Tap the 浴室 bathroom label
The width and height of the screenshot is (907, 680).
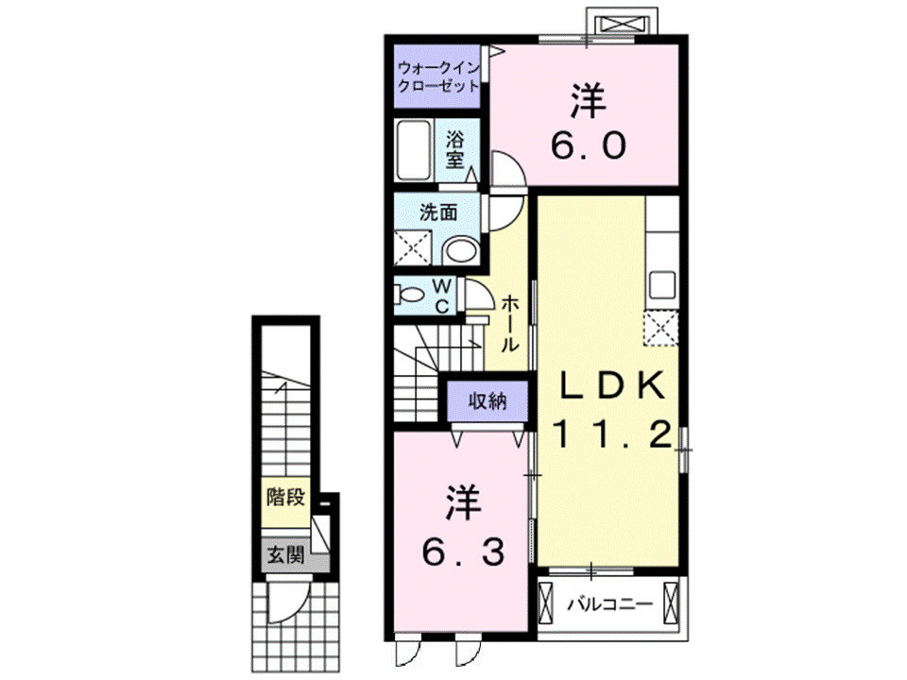[454, 149]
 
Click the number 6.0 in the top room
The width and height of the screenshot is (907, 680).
[587, 145]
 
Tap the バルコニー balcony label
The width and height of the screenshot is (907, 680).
[609, 602]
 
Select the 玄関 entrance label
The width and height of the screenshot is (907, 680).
[284, 555]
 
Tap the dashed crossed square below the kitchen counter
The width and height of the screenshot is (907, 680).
[660, 328]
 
